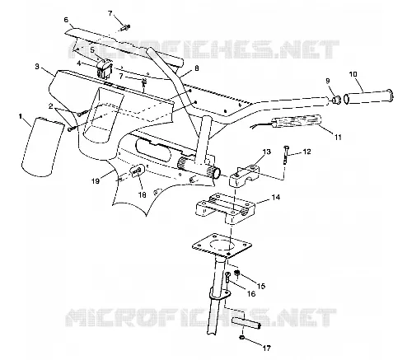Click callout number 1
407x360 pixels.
[x=21, y=116]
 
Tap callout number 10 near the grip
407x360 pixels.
[x=353, y=74]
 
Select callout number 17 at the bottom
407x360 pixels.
[x=266, y=348]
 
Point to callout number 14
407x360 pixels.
[x=276, y=197]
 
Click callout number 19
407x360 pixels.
[x=96, y=181]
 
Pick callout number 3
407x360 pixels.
[x=37, y=67]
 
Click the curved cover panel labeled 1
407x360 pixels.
[x=40, y=147]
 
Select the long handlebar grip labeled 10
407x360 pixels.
[x=369, y=96]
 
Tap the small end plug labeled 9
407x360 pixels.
[x=335, y=99]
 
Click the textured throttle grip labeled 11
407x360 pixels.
[x=297, y=121]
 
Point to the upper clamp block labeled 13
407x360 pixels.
[x=245, y=175]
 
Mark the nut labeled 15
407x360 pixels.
[x=236, y=274]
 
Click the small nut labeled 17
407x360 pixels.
[x=242, y=338]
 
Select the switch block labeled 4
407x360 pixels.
[x=105, y=68]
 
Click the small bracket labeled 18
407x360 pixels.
[x=137, y=171]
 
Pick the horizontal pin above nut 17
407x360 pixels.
[x=246, y=324]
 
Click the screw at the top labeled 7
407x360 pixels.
[x=125, y=27]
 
